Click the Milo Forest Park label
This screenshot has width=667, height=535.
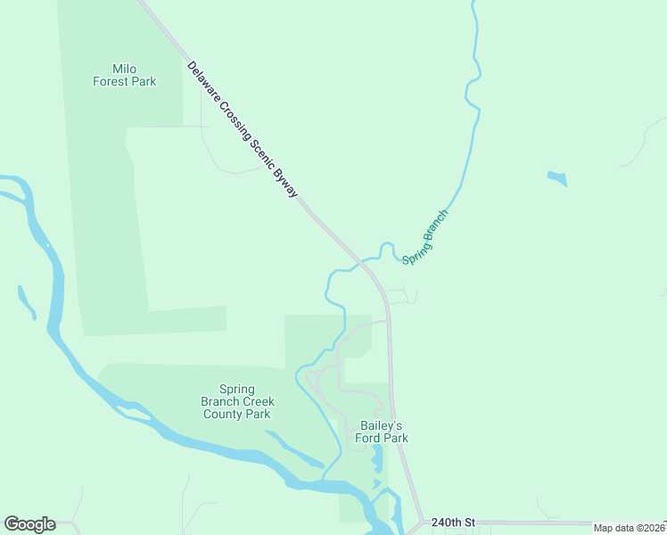[125, 75]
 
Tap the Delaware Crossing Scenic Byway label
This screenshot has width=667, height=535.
[243, 130]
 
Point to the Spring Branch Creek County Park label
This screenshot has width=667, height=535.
[236, 401]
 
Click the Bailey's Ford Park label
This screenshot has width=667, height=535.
[383, 432]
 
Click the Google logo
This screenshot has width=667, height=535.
[29, 524]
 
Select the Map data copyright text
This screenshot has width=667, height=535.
[630, 528]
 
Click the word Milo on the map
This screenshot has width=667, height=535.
[125, 69]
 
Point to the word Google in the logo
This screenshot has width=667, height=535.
[29, 524]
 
